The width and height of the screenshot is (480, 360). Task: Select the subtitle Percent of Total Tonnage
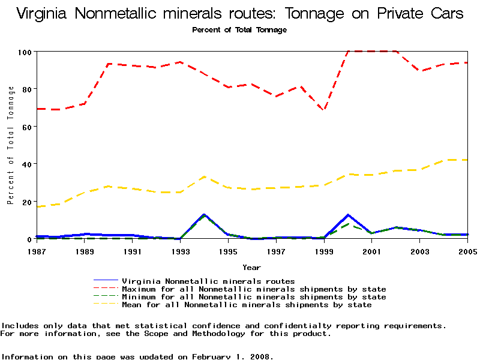(x=239, y=30)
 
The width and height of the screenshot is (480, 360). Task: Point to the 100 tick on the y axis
(x=25, y=52)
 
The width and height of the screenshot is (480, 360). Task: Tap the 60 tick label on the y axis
(x=26, y=127)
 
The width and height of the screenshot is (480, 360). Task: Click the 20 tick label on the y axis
(x=26, y=202)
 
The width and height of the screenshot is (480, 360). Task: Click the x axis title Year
(x=251, y=267)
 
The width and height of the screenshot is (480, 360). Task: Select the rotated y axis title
(x=10, y=145)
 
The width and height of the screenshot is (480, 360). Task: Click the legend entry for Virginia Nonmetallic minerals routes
(x=208, y=281)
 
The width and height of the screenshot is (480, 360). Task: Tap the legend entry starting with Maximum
(x=254, y=289)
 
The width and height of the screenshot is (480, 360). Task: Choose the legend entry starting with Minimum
(x=254, y=297)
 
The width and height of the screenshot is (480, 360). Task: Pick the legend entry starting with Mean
(x=247, y=305)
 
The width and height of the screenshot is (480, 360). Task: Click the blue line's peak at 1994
(x=204, y=214)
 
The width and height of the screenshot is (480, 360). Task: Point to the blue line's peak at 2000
(x=348, y=214)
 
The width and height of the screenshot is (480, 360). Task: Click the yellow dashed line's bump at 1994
(x=204, y=176)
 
